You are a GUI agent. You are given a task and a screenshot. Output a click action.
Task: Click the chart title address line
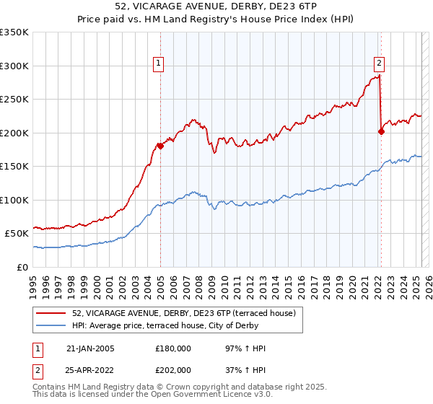[216, 6]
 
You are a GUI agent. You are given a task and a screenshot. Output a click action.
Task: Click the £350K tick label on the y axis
[14, 32]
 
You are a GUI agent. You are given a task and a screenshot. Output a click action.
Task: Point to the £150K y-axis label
[14, 166]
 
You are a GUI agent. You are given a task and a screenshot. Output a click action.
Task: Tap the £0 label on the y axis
[23, 267]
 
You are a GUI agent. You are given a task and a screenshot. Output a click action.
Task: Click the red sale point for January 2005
[160, 146]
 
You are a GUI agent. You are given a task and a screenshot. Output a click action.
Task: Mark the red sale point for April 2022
[381, 131]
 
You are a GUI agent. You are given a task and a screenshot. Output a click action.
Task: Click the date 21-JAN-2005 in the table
[90, 348]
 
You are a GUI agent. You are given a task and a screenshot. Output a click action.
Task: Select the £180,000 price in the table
[173, 348]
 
